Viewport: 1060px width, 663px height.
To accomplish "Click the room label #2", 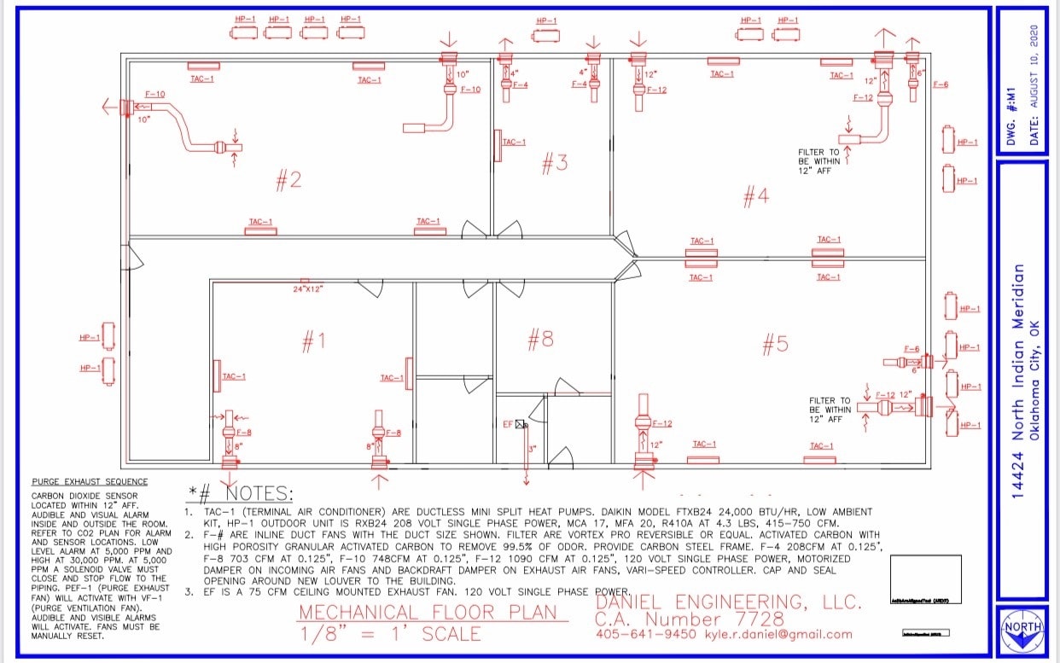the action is tap(288, 180).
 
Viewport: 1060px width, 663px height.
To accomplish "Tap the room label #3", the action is tap(555, 163).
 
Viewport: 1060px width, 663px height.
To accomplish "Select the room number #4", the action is tap(755, 197).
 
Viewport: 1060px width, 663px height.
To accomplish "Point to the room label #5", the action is tap(775, 344).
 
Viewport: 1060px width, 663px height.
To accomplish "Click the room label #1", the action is tap(313, 341).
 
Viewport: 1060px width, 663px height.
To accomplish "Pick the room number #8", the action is tap(540, 340).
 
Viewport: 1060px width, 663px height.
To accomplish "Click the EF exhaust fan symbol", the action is tap(521, 424).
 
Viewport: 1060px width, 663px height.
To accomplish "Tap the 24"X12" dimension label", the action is tap(309, 289).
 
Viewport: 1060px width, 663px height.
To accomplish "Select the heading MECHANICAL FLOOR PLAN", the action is tap(428, 613).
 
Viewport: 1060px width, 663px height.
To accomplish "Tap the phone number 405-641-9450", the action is tap(646, 634).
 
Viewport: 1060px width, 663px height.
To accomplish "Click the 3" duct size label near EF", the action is tap(531, 449).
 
